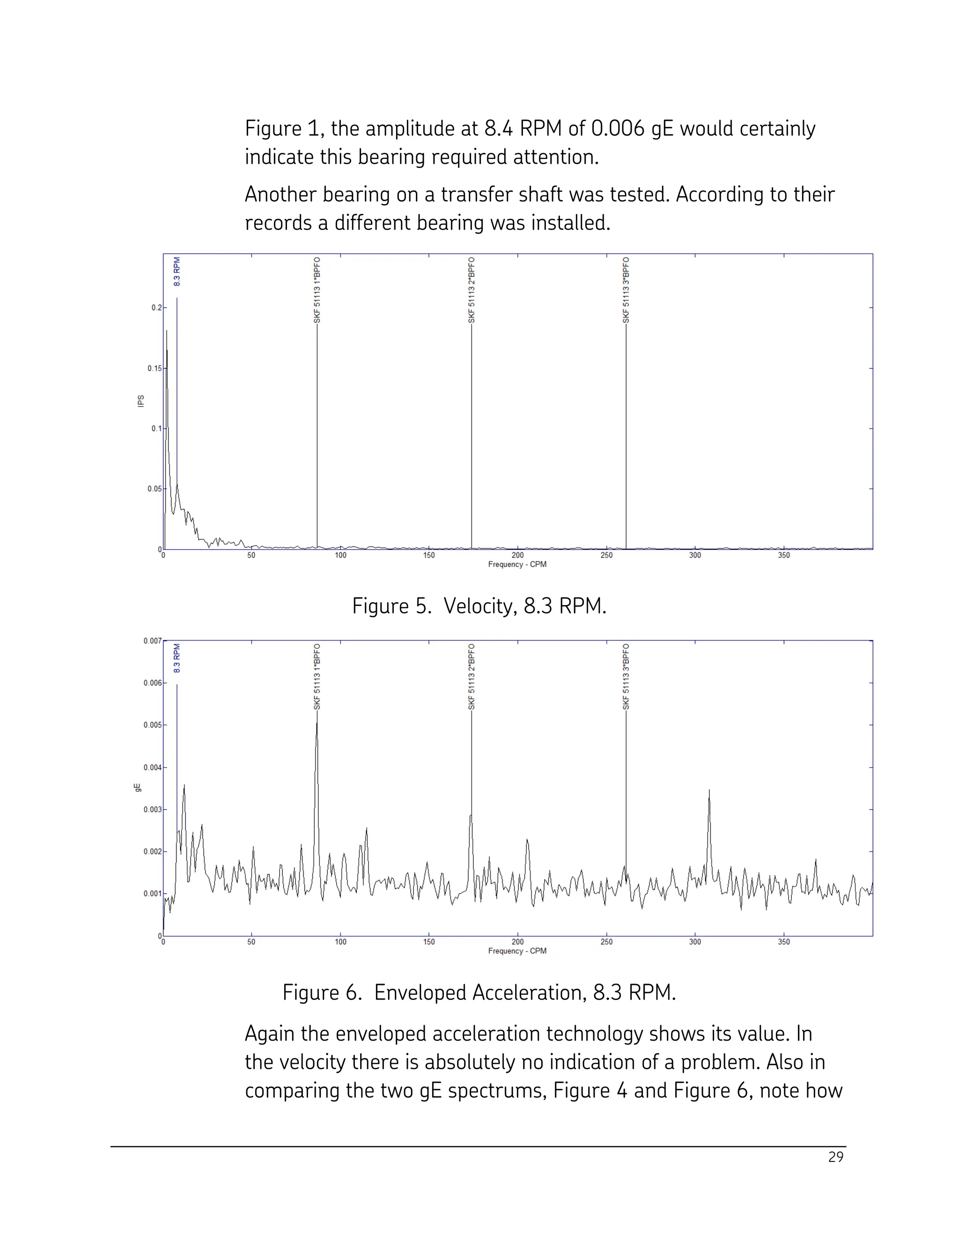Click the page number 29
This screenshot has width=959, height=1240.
pyautogui.click(x=836, y=1158)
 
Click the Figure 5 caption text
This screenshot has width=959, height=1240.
pyautogui.click(x=479, y=606)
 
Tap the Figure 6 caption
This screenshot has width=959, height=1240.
pyautogui.click(x=479, y=993)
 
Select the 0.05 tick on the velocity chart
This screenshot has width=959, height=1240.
pyautogui.click(x=154, y=489)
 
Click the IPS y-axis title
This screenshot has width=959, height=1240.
pyautogui.click(x=141, y=401)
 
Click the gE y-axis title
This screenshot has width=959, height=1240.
pyautogui.click(x=138, y=788)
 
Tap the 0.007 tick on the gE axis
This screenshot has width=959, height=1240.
pyautogui.click(x=152, y=641)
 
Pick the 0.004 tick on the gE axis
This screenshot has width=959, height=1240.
pyautogui.click(x=152, y=767)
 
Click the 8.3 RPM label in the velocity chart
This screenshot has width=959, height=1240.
pyautogui.click(x=177, y=272)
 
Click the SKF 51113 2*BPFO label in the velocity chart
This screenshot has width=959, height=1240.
pyautogui.click(x=472, y=290)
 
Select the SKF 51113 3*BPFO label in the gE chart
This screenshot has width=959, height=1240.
pyautogui.click(x=626, y=677)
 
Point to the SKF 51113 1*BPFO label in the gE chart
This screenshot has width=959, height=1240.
pyautogui.click(x=317, y=677)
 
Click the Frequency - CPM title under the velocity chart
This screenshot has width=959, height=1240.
pyautogui.click(x=517, y=564)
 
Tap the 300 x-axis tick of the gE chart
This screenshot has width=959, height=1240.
pyautogui.click(x=695, y=942)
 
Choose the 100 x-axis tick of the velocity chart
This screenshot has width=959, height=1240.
pyautogui.click(x=340, y=555)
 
